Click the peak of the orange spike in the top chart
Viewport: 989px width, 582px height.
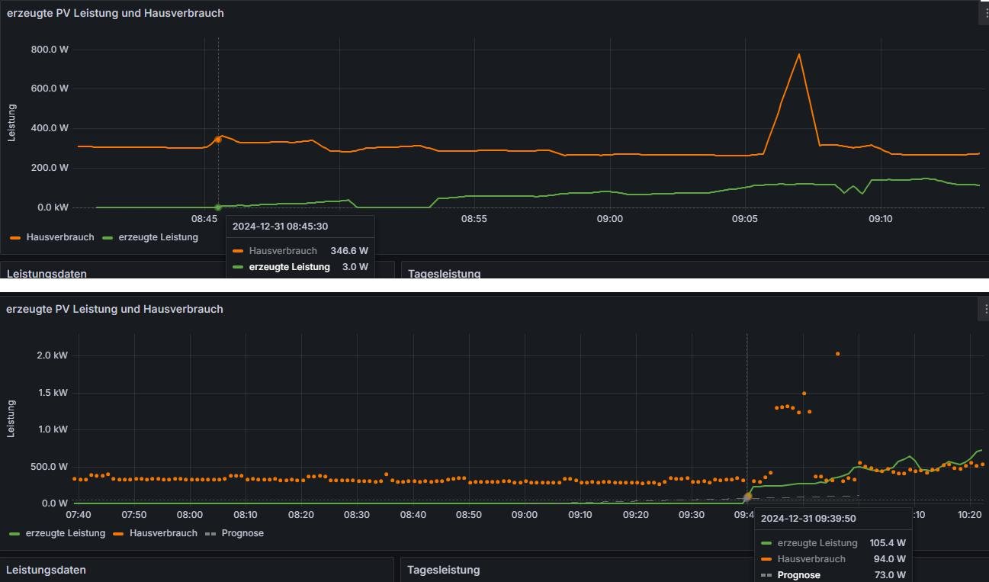click(x=798, y=54)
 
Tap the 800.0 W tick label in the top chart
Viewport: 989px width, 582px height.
click(x=50, y=50)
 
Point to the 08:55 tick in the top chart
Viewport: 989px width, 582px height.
click(x=474, y=219)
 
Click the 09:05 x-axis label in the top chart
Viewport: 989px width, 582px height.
click(x=745, y=219)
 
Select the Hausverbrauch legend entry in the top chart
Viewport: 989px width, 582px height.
click(x=59, y=237)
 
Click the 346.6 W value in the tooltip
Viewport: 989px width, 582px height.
click(x=348, y=250)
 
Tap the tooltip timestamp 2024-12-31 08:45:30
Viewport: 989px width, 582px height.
click(x=280, y=227)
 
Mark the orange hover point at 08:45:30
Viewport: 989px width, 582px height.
click(x=218, y=139)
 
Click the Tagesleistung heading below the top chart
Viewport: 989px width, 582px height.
click(x=445, y=273)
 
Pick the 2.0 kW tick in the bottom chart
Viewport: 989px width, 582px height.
click(x=53, y=355)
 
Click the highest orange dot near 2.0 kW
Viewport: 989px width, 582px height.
click(x=837, y=354)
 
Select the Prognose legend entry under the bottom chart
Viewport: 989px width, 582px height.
click(x=242, y=533)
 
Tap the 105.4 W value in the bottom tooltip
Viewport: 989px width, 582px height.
click(x=888, y=543)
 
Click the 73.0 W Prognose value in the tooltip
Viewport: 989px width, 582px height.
click(x=890, y=575)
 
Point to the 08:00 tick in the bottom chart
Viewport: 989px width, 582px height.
click(x=190, y=515)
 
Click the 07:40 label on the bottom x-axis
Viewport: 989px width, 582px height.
click(x=79, y=515)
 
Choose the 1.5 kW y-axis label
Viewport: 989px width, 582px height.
click(x=53, y=393)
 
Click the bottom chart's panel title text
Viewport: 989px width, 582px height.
click(x=114, y=309)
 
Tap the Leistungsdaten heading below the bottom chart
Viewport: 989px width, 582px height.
click(x=46, y=570)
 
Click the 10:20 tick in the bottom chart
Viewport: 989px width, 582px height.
click(x=970, y=515)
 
